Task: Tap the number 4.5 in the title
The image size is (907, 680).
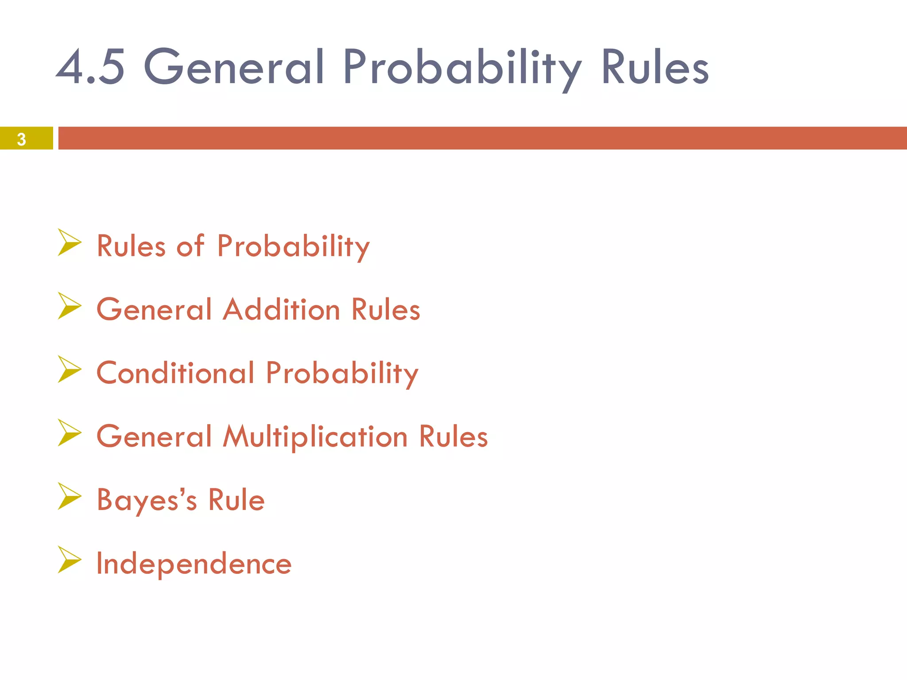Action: coord(91,67)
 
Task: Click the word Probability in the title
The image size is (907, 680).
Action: coord(462,67)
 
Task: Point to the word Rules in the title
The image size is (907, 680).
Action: coord(655,67)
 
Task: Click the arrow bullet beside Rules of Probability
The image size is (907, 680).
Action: coord(70,242)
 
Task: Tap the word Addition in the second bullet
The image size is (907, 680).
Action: coord(282,309)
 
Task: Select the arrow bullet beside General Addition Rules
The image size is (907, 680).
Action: coord(70,306)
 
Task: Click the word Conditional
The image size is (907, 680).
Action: coord(176,373)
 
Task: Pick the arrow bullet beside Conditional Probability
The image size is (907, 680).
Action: coord(70,369)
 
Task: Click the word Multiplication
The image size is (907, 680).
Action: coord(315,437)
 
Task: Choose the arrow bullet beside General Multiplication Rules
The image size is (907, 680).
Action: coord(70,433)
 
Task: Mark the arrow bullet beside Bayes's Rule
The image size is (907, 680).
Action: coord(70,496)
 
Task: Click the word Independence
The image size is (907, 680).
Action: coord(194,564)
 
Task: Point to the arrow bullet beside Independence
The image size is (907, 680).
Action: coord(70,560)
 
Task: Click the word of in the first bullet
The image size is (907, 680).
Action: coord(191,246)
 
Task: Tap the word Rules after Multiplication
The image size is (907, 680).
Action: coord(453,437)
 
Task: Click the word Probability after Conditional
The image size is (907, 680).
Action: coord(342,373)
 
